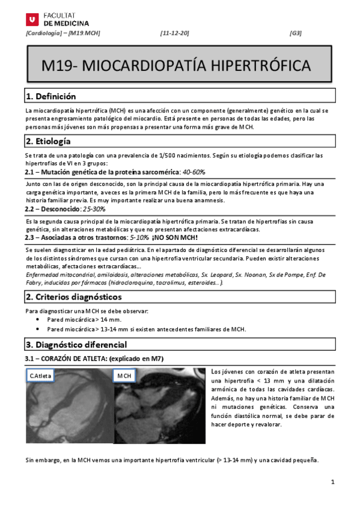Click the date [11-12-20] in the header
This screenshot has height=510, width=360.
tap(175, 32)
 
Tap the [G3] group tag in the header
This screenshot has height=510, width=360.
tap(296, 32)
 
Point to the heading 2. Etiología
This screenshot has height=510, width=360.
tap(48, 141)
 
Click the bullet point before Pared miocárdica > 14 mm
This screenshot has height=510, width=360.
tap(39, 320)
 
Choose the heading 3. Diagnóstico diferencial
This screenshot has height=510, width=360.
tap(76, 345)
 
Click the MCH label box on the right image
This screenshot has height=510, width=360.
tap(124, 376)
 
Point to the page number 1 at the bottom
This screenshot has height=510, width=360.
tap(332, 482)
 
